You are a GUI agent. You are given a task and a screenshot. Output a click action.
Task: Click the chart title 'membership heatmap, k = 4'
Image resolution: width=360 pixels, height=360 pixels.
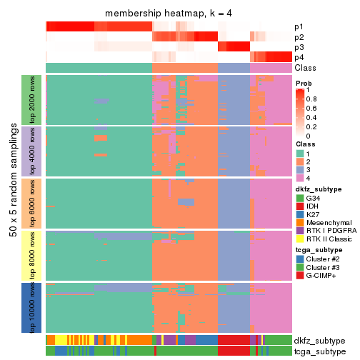click(x=169, y=14)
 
